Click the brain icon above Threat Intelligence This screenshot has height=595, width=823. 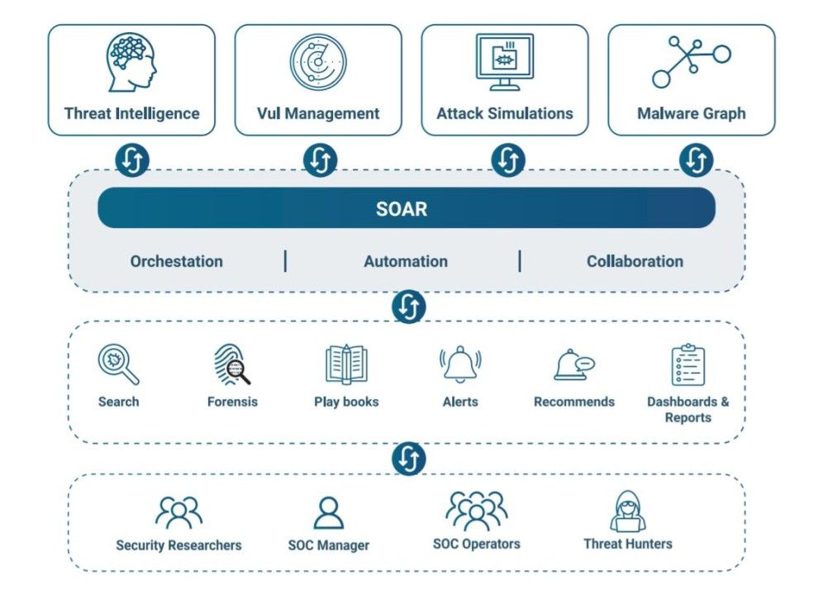tap(131, 62)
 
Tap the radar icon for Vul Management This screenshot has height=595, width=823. tap(318, 62)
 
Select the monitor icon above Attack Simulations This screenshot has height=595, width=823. tap(504, 62)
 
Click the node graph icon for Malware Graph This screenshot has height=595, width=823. tap(691, 62)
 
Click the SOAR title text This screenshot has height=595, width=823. tap(402, 209)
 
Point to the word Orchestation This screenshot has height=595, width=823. tap(176, 261)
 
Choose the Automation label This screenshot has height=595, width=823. tap(406, 261)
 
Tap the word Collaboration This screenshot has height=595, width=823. tap(635, 261)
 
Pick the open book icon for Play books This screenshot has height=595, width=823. tap(346, 364)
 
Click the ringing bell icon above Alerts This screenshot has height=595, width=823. tap(460, 364)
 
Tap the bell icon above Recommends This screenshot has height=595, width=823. tap(574, 364)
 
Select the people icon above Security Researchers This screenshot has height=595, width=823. tap(178, 512)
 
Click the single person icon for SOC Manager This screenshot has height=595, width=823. tap(329, 512)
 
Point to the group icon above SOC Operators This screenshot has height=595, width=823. tap(476, 511)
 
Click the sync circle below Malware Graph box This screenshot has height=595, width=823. tap(696, 159)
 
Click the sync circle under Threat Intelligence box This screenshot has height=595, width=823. tap(131, 159)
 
